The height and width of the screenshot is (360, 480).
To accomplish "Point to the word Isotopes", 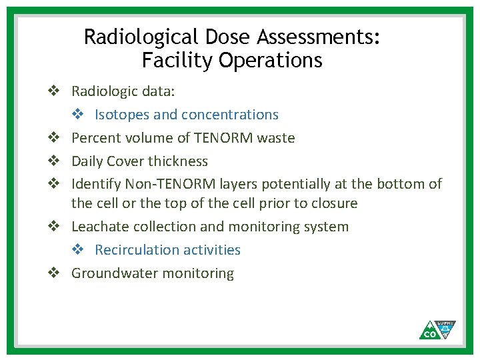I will (x=122, y=115).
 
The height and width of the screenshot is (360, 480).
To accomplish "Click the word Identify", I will (x=96, y=183).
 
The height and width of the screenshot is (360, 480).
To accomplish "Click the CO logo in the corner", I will (x=438, y=329).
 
